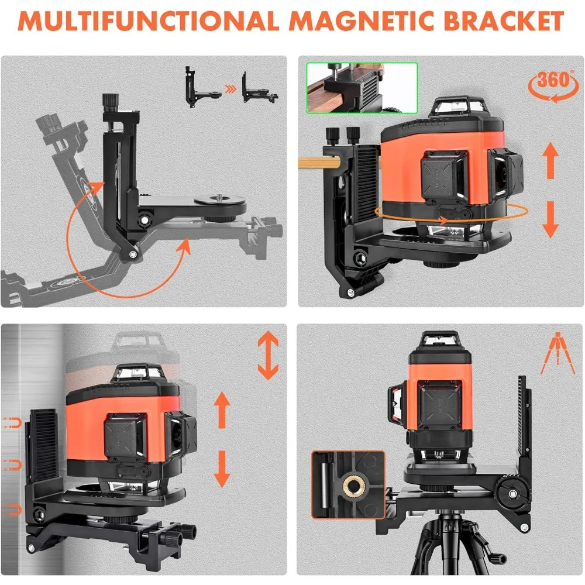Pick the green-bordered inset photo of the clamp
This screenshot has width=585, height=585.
tap(362, 88)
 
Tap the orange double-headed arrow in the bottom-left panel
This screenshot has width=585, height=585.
tap(268, 355)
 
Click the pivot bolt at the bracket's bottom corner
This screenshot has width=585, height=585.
tap(133, 253)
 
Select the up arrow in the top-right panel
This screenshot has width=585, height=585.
tap(550, 158)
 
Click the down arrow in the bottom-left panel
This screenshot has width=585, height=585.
tap(222, 467)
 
